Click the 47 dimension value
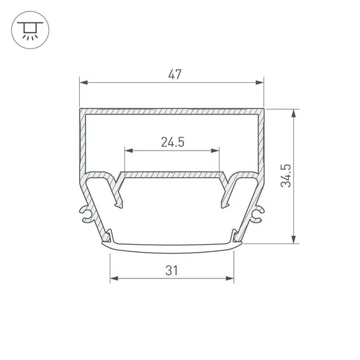(x=175, y=74)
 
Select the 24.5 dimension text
(x=172, y=142)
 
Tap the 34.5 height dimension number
(x=286, y=176)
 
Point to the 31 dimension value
(x=172, y=271)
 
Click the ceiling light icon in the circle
(x=30, y=31)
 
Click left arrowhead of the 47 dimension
(x=83, y=82)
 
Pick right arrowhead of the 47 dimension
(x=260, y=82)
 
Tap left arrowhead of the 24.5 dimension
(x=129, y=151)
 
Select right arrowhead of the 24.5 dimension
(x=215, y=151)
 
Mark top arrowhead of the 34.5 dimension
(x=293, y=113)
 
